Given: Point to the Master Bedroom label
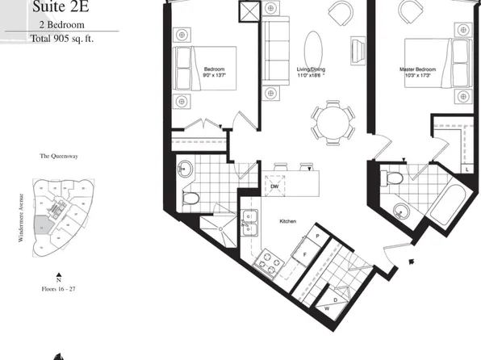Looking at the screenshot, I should tap(418, 70).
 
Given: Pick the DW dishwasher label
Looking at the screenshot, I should tap(274, 186).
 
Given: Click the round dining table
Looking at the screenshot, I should tap(333, 123).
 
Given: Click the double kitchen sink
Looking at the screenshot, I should tap(249, 220).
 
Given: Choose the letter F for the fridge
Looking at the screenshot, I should tap(304, 253).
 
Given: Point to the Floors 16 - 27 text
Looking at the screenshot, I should tap(59, 288).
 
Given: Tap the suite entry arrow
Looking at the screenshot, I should tap(413, 261).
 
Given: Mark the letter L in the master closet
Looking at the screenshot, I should tap(468, 168).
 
